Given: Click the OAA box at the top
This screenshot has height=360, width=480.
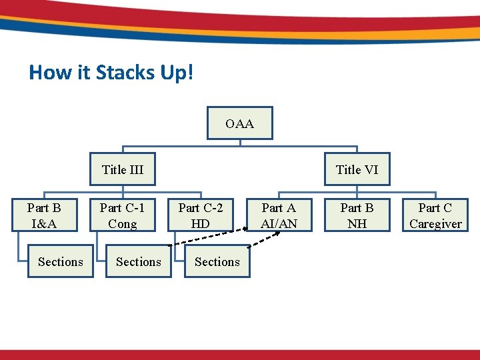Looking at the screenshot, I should tap(239, 123).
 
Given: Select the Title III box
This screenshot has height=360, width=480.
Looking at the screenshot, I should tap(123, 169).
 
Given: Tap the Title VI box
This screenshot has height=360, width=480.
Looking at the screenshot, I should tap(357, 169).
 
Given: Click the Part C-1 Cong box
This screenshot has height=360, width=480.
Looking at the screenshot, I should tap(123, 215).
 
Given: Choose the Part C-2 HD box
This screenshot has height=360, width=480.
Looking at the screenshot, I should tap(201, 215).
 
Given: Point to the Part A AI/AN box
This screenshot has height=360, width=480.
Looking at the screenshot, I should tap(279, 215).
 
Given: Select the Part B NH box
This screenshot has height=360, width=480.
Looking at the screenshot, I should tap(357, 215).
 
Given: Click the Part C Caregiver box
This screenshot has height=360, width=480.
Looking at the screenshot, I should tap(435, 215).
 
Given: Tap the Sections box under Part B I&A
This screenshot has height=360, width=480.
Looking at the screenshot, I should tap(61, 261).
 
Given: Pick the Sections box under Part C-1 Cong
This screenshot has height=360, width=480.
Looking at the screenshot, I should tap(139, 261).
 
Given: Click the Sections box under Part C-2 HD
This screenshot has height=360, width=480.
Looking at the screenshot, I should tap(217, 261).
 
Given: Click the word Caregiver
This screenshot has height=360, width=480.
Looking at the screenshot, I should tap(435, 224).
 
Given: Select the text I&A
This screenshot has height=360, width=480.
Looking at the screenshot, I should tap(45, 224).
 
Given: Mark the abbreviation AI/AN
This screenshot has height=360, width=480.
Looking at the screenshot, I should tap(279, 224).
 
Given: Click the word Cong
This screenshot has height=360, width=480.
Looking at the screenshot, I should tap(123, 224).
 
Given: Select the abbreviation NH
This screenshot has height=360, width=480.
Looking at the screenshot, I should tap(357, 224).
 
